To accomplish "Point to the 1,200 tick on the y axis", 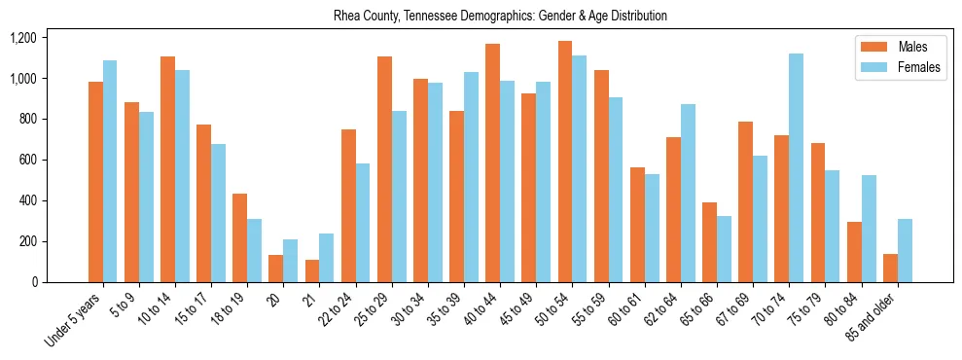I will pyautogui.click(x=22, y=38).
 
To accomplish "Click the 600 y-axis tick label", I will pyautogui.click(x=27, y=160).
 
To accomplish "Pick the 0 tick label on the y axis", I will pyautogui.click(x=34, y=282).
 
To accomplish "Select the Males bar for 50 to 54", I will pyautogui.click(x=565, y=162).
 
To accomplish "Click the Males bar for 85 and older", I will pyautogui.click(x=890, y=268).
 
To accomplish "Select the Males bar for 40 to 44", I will pyautogui.click(x=493, y=162).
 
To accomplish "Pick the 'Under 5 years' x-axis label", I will pyautogui.click(x=75, y=319).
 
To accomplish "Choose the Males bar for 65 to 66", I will pyautogui.click(x=746, y=242).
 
